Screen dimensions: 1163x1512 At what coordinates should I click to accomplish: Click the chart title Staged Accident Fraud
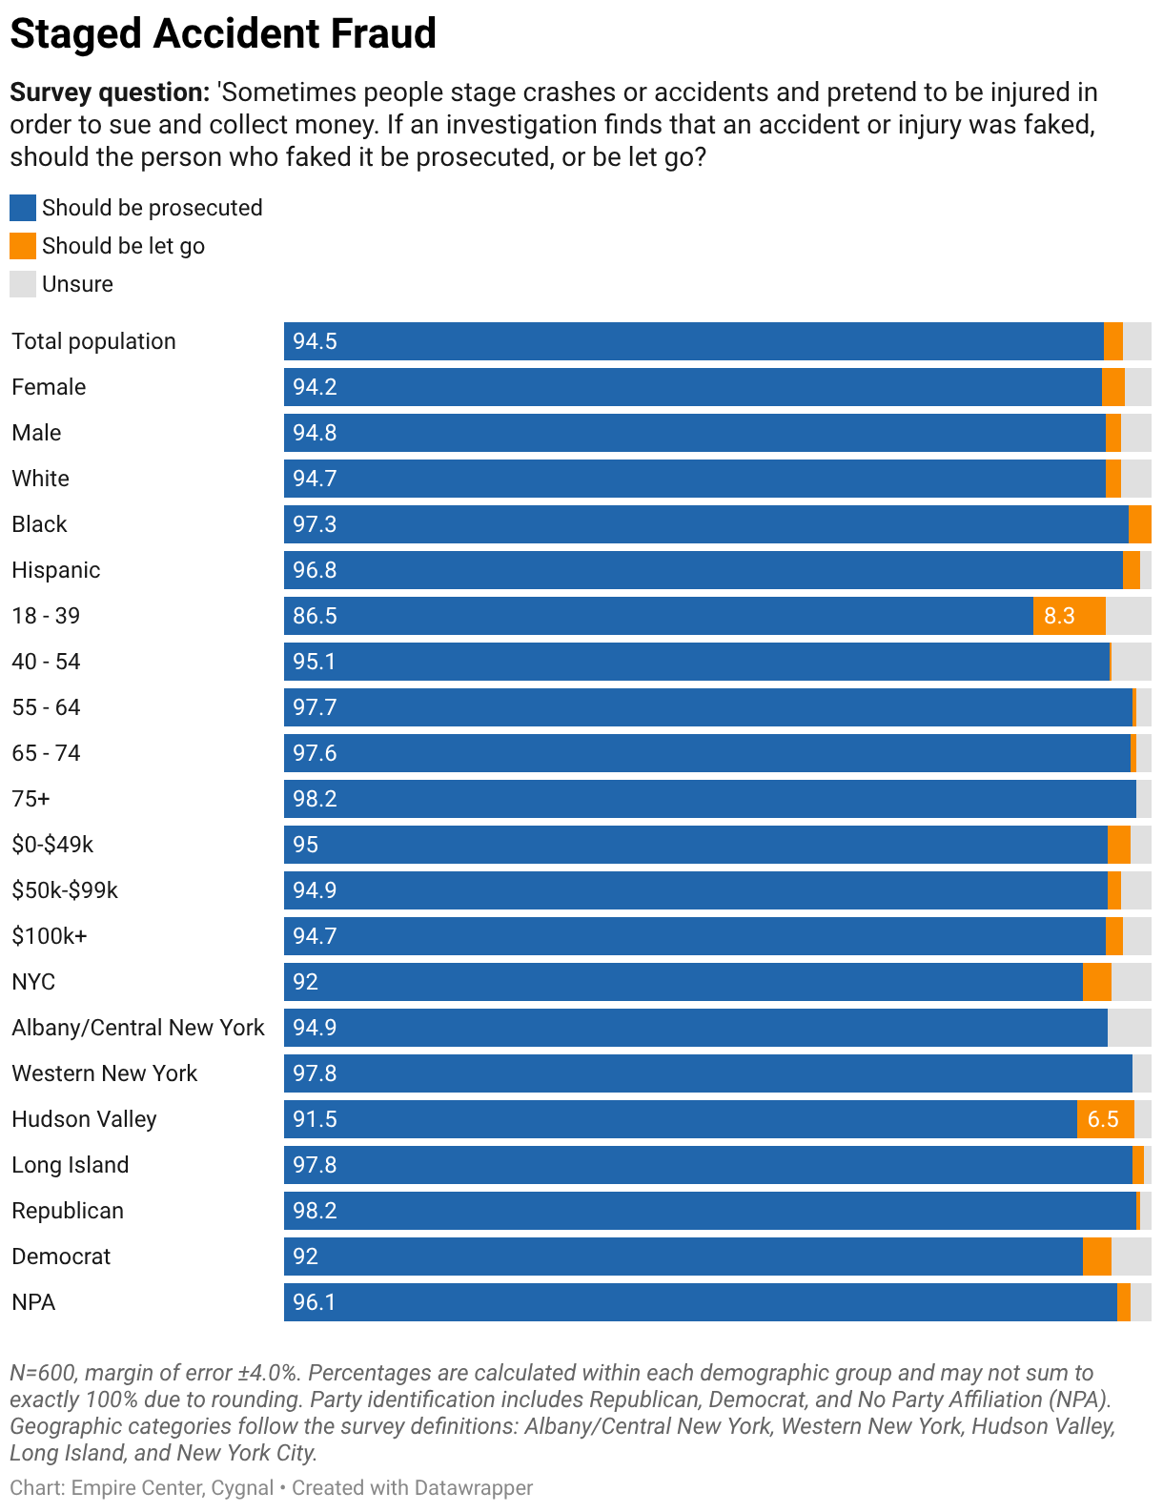222,33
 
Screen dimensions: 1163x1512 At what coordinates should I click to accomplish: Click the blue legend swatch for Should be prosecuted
22,208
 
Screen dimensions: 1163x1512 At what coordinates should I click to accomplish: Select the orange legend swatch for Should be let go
22,246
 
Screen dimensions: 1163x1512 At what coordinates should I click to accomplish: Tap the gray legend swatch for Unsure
22,284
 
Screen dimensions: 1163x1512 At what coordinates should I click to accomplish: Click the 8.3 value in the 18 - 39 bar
1059,616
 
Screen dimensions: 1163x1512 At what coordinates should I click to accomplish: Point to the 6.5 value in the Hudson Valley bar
1103,1119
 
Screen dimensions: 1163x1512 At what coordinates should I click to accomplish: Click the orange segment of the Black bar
1139,524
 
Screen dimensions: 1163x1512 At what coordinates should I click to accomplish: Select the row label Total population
94,341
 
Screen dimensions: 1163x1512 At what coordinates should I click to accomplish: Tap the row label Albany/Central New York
137,1027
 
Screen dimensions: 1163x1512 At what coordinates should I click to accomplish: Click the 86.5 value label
315,616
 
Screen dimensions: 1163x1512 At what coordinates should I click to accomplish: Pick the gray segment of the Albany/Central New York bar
1129,1027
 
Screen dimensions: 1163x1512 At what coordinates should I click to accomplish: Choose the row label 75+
31,798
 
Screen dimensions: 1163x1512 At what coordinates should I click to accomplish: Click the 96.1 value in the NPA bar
314,1302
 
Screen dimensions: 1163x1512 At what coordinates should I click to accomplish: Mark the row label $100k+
50,936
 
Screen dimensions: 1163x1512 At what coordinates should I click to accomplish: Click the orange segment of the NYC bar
1096,982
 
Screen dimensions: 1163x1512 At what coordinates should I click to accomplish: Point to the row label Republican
68,1211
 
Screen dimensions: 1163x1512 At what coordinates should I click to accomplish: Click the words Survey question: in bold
110,92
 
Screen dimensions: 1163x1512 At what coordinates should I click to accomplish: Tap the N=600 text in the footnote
44,1373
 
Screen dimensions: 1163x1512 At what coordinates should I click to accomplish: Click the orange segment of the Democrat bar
1096,1257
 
